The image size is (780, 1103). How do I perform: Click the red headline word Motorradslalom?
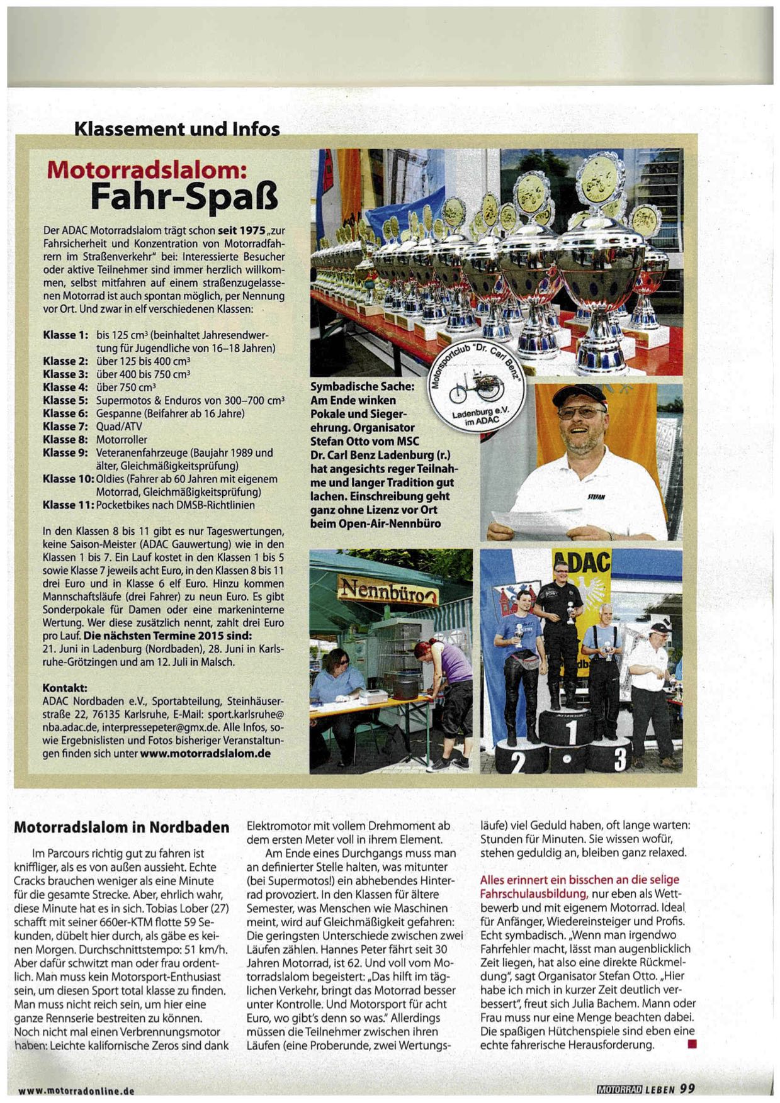(147, 169)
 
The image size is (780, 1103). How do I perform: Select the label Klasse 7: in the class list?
(65, 427)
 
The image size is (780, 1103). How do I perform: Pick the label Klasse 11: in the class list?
(68, 505)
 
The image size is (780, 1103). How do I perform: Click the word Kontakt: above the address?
(65, 688)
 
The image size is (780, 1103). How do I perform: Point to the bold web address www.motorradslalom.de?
(205, 753)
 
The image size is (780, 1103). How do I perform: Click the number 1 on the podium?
(571, 732)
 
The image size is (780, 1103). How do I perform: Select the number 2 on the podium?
(518, 762)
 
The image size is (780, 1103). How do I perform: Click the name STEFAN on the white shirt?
(596, 496)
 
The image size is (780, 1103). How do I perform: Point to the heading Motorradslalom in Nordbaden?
(122, 827)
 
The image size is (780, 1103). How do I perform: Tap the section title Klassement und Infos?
(177, 129)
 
